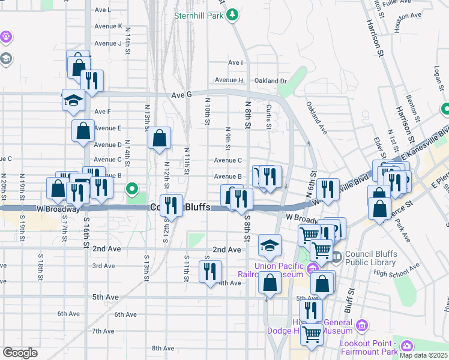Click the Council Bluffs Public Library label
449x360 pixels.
pos(367,258)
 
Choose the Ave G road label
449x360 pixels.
pos(181,95)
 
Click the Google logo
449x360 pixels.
pos(20,353)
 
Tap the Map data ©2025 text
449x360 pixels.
pos(423,355)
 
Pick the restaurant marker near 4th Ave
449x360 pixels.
pos(210,272)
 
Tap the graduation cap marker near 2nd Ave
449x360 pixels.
pos(270,245)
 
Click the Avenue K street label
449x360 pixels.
pos(108,26)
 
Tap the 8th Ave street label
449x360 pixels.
pos(163,348)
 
